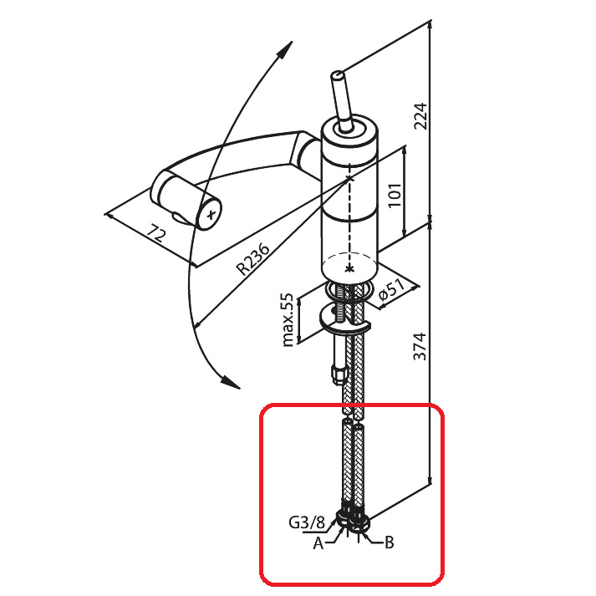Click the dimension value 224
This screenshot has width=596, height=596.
pyautogui.click(x=420, y=116)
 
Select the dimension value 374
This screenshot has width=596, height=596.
pyautogui.click(x=420, y=346)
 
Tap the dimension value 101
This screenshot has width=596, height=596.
pyautogui.click(x=395, y=195)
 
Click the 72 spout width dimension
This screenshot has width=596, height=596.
pyautogui.click(x=156, y=233)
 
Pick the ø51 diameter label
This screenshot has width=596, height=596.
pyautogui.click(x=392, y=290)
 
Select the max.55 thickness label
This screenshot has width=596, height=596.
pyautogui.click(x=288, y=319)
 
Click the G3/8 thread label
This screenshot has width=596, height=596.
pyautogui.click(x=307, y=523)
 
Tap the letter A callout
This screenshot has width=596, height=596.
pyautogui.click(x=318, y=543)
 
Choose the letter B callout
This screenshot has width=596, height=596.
pyautogui.click(x=389, y=543)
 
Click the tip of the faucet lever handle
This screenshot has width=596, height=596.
pyautogui.click(x=337, y=75)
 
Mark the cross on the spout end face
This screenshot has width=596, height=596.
pyautogui.click(x=211, y=215)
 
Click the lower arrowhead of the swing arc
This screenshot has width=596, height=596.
pyautogui.click(x=231, y=383)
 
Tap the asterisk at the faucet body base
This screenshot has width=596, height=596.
pyautogui.click(x=349, y=268)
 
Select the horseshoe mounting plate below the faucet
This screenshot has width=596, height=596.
pyautogui.click(x=344, y=321)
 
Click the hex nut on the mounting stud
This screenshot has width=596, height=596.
pyautogui.click(x=339, y=374)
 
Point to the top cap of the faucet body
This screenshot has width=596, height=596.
pyautogui.click(x=349, y=132)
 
